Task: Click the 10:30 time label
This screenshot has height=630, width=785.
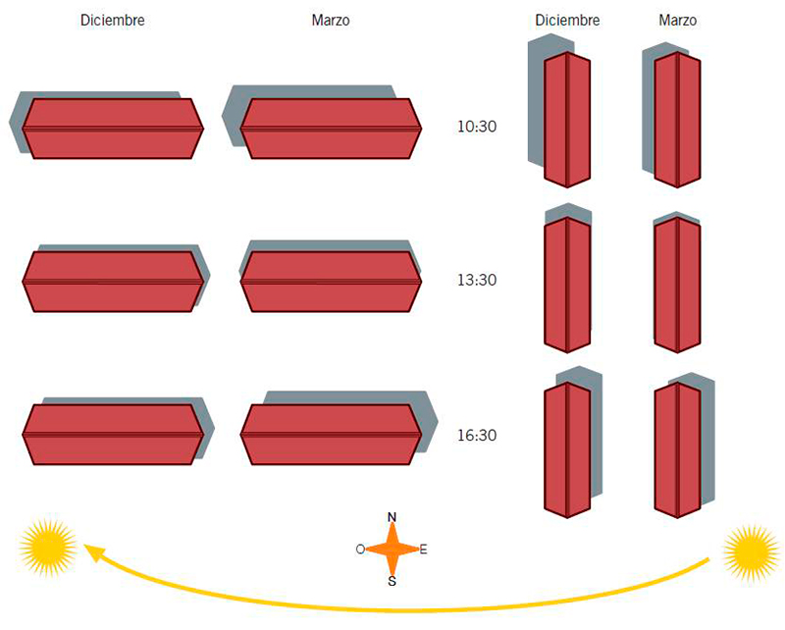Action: coord(477,127)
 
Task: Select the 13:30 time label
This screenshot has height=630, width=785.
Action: coord(477,280)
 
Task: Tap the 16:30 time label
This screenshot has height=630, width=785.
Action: coord(477,435)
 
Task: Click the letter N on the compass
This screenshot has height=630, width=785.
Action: coord(392,517)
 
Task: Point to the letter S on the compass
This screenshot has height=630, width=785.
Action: coord(392,581)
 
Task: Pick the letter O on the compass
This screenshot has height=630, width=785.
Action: coord(360,550)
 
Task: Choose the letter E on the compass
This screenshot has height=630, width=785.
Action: coord(424,550)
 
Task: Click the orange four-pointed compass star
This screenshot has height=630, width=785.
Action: coord(392,550)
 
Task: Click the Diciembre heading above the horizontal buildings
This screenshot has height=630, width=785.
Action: coord(113,20)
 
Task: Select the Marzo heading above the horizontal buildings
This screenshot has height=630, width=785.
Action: coord(331,20)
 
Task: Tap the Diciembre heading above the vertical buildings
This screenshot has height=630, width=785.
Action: coord(567,20)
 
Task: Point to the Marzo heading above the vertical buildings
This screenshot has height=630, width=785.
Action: coord(677,20)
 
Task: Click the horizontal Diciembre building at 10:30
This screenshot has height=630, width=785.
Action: coord(113,129)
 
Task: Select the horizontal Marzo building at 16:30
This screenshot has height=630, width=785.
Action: coord(331,435)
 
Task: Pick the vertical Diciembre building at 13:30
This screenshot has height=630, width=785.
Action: coord(567,285)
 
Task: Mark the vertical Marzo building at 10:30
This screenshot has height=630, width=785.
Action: coord(677,120)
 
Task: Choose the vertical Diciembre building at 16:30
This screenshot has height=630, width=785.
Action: coord(567,449)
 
